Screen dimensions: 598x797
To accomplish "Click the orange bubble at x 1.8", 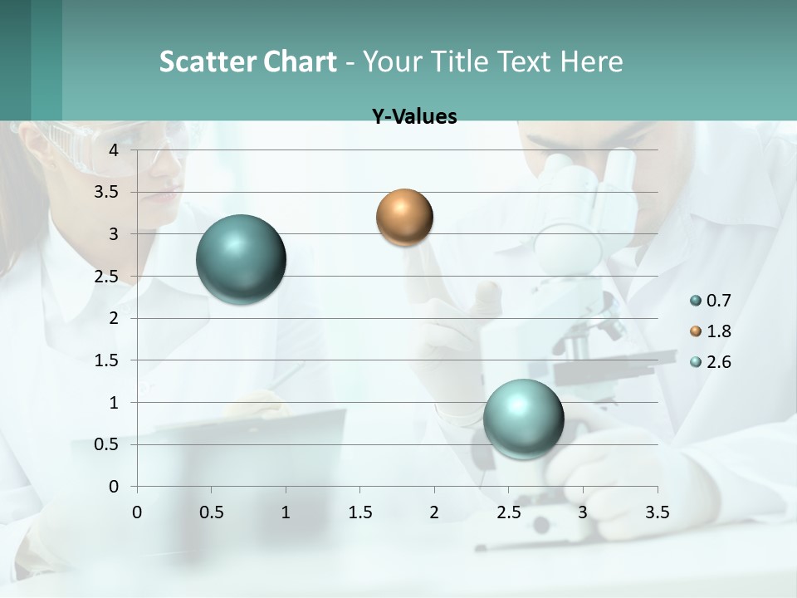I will pos(404,218).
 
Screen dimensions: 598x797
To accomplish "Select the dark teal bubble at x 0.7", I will pos(242,259).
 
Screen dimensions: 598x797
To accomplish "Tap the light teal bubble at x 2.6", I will pos(523,419).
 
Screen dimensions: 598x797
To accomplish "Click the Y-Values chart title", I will pos(414,117).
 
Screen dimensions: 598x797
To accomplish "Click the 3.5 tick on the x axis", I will pos(657,512).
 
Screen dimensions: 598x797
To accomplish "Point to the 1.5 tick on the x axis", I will pos(359,512).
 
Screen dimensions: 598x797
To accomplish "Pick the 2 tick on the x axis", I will pos(434,512).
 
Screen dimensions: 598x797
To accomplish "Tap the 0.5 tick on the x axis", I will pos(212,512).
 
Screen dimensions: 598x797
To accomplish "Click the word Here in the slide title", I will pos(592,61).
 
